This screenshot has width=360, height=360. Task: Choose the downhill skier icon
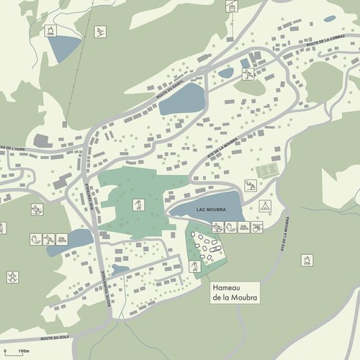pos(99,32)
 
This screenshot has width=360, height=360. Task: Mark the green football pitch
pos(266,172)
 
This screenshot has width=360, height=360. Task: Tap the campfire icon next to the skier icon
pos(52,30)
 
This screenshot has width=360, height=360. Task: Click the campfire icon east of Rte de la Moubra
pos(309,258)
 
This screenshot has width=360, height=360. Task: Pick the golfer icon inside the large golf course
pos(135,204)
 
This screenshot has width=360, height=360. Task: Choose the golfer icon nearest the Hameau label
pos(194,266)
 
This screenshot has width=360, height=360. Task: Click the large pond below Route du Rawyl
pos(181,99)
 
